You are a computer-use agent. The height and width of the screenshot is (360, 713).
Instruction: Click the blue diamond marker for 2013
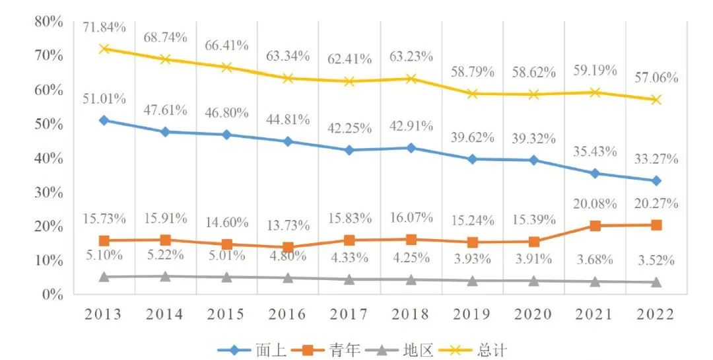pyautogui.click(x=104, y=120)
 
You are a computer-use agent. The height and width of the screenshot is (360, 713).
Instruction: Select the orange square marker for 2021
pyautogui.click(x=595, y=226)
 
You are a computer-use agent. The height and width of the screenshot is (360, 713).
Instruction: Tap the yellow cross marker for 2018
pyautogui.click(x=411, y=79)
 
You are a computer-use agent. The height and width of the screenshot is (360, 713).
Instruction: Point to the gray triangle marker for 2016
pyautogui.click(x=288, y=277)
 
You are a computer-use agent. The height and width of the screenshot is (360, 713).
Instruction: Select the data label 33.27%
pyautogui.click(x=656, y=159)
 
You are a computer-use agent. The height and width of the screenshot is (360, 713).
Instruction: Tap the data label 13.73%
pyautogui.click(x=287, y=225)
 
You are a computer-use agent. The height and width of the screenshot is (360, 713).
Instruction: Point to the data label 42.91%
pyautogui.click(x=411, y=126)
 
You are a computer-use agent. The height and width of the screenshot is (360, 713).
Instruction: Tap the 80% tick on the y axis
pyautogui.click(x=48, y=22)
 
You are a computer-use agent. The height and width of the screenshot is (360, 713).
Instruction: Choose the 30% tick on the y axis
pyautogui.click(x=48, y=192)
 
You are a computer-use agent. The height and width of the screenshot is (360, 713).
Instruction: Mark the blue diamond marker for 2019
pyautogui.click(x=472, y=159)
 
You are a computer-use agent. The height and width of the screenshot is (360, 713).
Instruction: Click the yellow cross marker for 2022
pyautogui.click(x=656, y=100)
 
